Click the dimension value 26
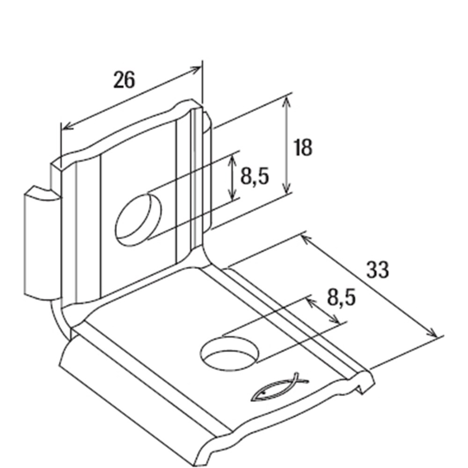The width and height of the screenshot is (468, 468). point(124,80)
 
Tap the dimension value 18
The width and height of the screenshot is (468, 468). point(303,147)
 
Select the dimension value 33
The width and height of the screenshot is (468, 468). point(378,270)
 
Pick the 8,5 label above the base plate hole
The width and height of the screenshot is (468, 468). point(342,297)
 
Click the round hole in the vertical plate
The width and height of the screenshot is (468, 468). point(138,220)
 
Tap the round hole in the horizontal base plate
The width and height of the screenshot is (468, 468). point(230,353)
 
